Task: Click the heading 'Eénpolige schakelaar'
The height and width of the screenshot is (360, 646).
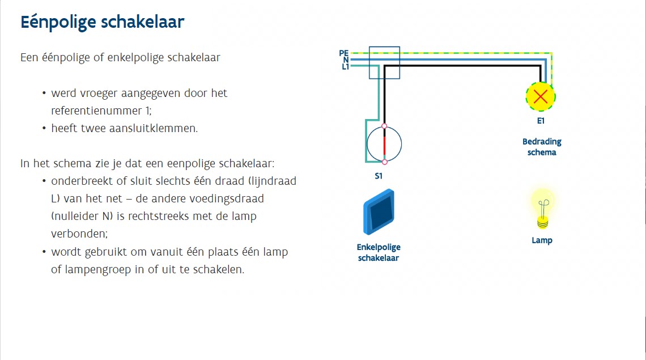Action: pyautogui.click(x=103, y=23)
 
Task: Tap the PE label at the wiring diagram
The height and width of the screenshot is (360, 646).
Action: pyautogui.click(x=344, y=53)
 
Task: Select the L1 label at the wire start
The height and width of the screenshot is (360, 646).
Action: pyautogui.click(x=345, y=67)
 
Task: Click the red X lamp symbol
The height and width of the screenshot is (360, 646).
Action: pyautogui.click(x=541, y=96)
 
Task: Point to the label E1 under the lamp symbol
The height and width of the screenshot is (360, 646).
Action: pyautogui.click(x=541, y=121)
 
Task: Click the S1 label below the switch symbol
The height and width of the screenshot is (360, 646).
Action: pyautogui.click(x=379, y=176)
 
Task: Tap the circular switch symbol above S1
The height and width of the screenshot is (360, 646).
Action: pyautogui.click(x=384, y=144)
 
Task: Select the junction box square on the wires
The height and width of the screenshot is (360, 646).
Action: pyautogui.click(x=384, y=62)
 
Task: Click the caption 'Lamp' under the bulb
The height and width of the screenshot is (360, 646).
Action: pyautogui.click(x=542, y=240)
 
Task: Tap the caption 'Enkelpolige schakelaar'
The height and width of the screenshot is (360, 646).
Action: pyautogui.click(x=379, y=253)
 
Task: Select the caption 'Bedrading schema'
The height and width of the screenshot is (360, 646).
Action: pyautogui.click(x=542, y=147)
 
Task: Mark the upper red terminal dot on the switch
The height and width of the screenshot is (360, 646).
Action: pyautogui.click(x=385, y=126)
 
